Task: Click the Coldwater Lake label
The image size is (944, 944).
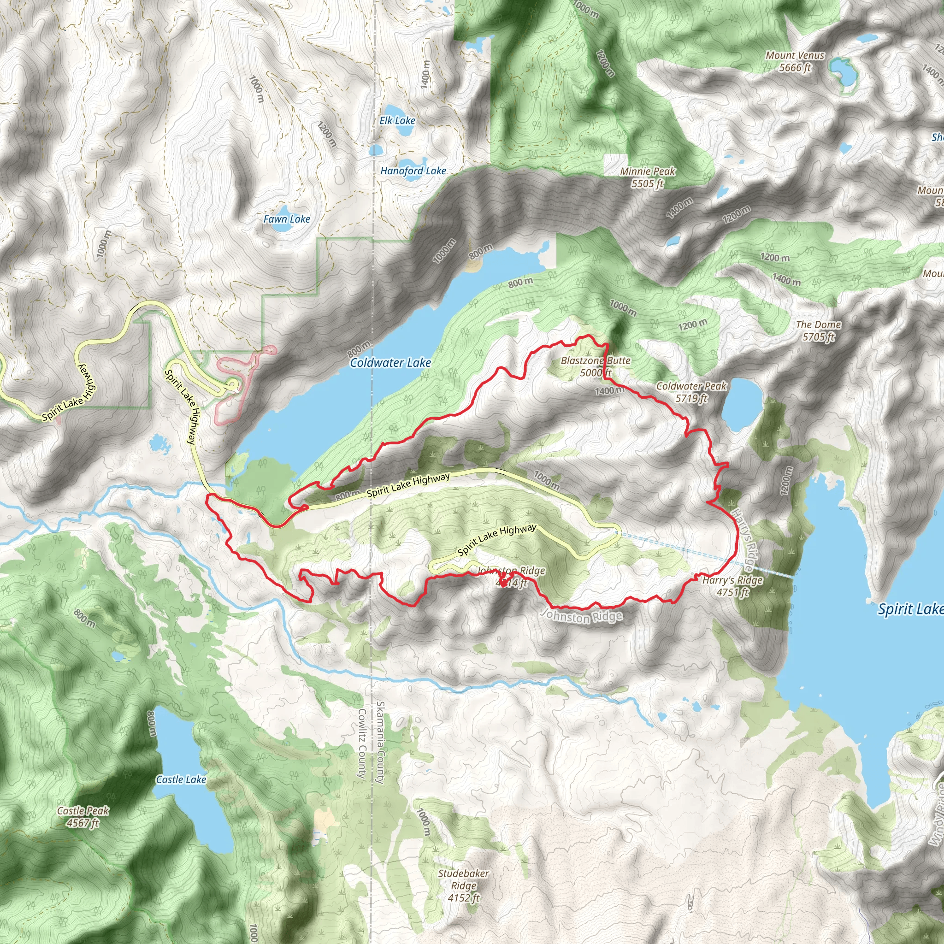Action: [x=390, y=363]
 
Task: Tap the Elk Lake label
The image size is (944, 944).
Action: [x=397, y=120]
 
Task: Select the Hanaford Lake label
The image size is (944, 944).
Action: [x=413, y=171]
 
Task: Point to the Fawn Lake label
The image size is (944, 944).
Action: [x=287, y=219]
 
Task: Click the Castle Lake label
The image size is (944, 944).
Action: [x=181, y=779]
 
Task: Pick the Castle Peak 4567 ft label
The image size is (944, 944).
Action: [x=83, y=816]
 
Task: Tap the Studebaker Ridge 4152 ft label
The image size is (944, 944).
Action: [x=463, y=885]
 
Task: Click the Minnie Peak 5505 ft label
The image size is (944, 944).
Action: [x=648, y=177]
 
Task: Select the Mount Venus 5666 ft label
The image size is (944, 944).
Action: [x=795, y=62]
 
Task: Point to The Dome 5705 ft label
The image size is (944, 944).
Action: [x=819, y=330]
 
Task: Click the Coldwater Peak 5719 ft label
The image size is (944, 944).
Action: [x=691, y=392]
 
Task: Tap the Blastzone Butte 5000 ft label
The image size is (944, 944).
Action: [x=596, y=366]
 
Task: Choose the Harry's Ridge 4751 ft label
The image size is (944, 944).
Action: [x=732, y=586]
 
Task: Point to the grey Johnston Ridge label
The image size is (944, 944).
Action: [x=583, y=617]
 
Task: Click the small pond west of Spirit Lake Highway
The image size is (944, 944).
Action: [x=158, y=444]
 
